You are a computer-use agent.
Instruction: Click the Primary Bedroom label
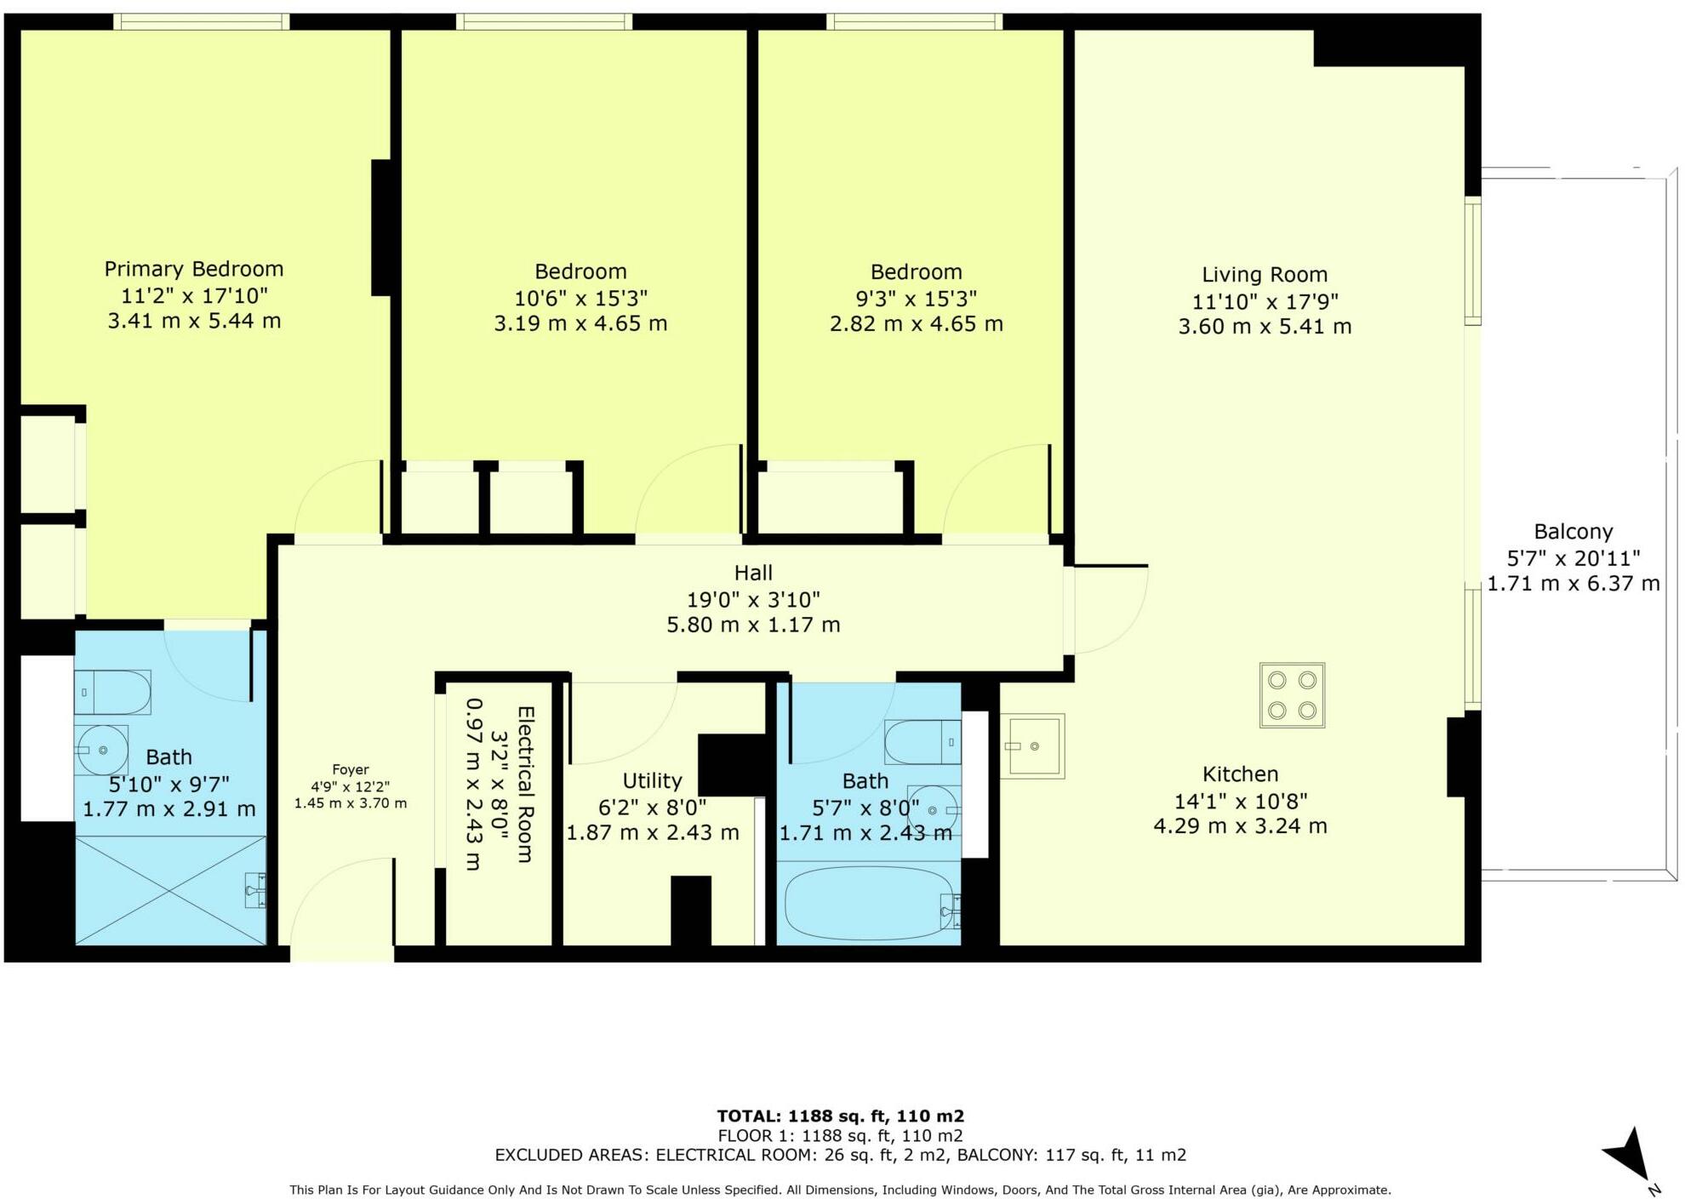[194, 269]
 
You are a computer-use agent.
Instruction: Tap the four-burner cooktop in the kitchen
[1292, 694]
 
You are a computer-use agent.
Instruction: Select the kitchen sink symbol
[1032, 746]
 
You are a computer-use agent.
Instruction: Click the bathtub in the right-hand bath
[868, 903]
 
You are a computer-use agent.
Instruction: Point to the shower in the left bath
[170, 890]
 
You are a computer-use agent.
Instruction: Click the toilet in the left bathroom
[112, 692]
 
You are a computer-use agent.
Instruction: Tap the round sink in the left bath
[101, 750]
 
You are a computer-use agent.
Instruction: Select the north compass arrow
[1631, 1156]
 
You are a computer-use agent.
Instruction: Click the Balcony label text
[1573, 532]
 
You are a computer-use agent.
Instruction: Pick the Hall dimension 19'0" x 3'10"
[753, 599]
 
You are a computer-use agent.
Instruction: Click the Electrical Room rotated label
[525, 784]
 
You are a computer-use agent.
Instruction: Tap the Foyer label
[351, 769]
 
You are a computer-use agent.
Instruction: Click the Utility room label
[652, 780]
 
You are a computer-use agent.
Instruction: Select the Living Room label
[1264, 275]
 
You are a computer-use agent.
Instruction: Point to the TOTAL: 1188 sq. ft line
[840, 1116]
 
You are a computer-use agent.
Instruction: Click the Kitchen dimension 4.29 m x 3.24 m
[1240, 825]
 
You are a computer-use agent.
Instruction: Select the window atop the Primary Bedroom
[201, 21]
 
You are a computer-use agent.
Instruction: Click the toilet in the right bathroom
[922, 742]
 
